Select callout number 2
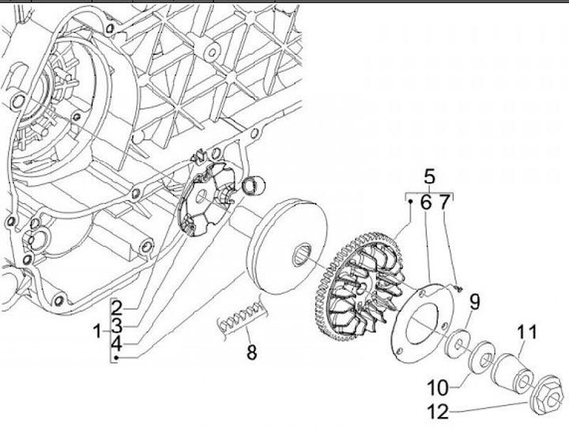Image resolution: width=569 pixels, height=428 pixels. pos(115,308)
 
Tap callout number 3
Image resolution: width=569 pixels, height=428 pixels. pos(115,326)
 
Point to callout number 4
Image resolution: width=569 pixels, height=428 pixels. pos(115,344)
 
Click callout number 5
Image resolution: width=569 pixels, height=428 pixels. pos(430,176)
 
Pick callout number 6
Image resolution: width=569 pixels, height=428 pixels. pos(426,203)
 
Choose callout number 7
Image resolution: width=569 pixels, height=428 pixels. pos(444,203)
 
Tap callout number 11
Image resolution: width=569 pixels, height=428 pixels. pos(527,332)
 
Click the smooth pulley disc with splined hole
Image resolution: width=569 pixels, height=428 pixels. pos(285,245)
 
